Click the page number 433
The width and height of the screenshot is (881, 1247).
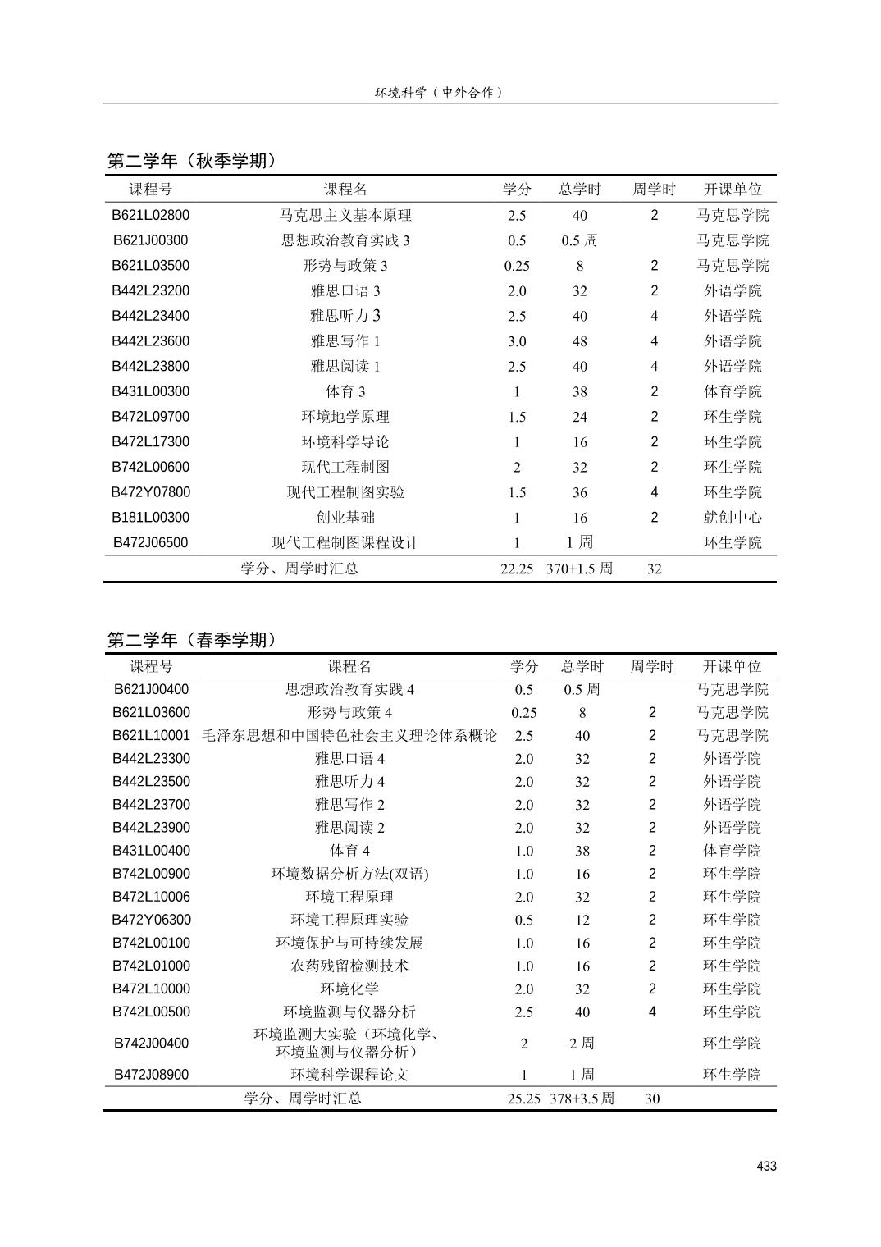click(x=766, y=1166)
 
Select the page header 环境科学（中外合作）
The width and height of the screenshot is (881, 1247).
click(x=439, y=92)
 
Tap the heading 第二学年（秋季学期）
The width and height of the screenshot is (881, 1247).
click(x=192, y=161)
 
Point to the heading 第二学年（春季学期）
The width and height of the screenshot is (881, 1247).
click(x=192, y=640)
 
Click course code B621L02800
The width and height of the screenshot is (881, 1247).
click(x=151, y=216)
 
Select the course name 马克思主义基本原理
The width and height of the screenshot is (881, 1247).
click(x=345, y=216)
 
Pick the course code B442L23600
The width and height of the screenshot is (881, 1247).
click(x=151, y=341)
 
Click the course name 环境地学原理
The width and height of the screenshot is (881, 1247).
click(x=345, y=417)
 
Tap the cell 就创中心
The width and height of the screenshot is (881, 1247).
click(x=733, y=518)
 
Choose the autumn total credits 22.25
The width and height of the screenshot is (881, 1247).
click(x=517, y=569)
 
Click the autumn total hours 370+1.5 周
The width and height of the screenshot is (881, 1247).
click(x=579, y=569)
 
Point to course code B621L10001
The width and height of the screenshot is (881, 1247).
click(x=151, y=736)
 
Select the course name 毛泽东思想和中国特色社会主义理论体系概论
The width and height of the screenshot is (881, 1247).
click(x=349, y=736)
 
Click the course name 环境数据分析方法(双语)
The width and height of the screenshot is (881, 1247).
click(x=349, y=874)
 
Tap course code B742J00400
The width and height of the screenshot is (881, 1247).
click(x=151, y=1044)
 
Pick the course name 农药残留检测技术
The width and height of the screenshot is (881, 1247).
click(x=349, y=966)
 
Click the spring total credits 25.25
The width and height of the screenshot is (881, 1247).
click(x=523, y=1099)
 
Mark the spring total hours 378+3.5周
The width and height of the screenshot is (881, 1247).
click(x=582, y=1099)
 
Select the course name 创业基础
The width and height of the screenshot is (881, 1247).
click(x=345, y=518)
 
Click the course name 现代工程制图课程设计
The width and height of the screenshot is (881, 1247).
click(x=345, y=543)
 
